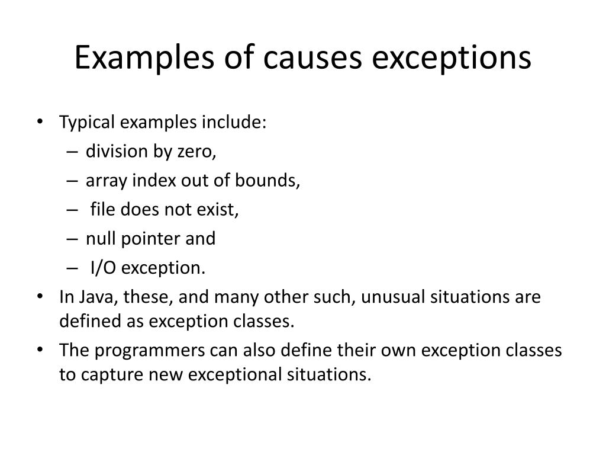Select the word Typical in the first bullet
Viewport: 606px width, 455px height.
point(86,123)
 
